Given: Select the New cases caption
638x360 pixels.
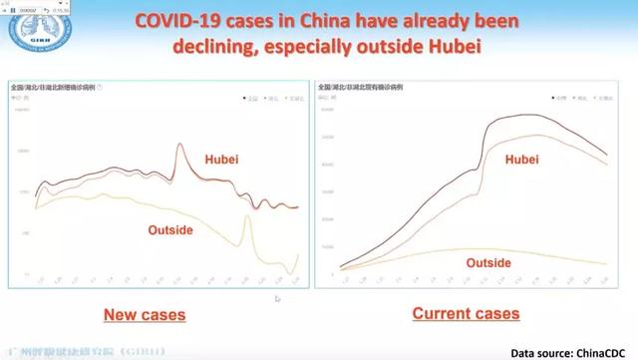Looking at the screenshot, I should (145, 315).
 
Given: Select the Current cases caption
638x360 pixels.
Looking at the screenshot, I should (466, 313).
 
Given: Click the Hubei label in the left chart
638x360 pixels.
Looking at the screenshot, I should (221, 159).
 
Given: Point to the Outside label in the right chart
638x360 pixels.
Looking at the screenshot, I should (488, 262).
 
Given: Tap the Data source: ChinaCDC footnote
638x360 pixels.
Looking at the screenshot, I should (571, 352).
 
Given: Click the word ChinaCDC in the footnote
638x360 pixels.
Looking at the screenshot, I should (604, 352).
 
